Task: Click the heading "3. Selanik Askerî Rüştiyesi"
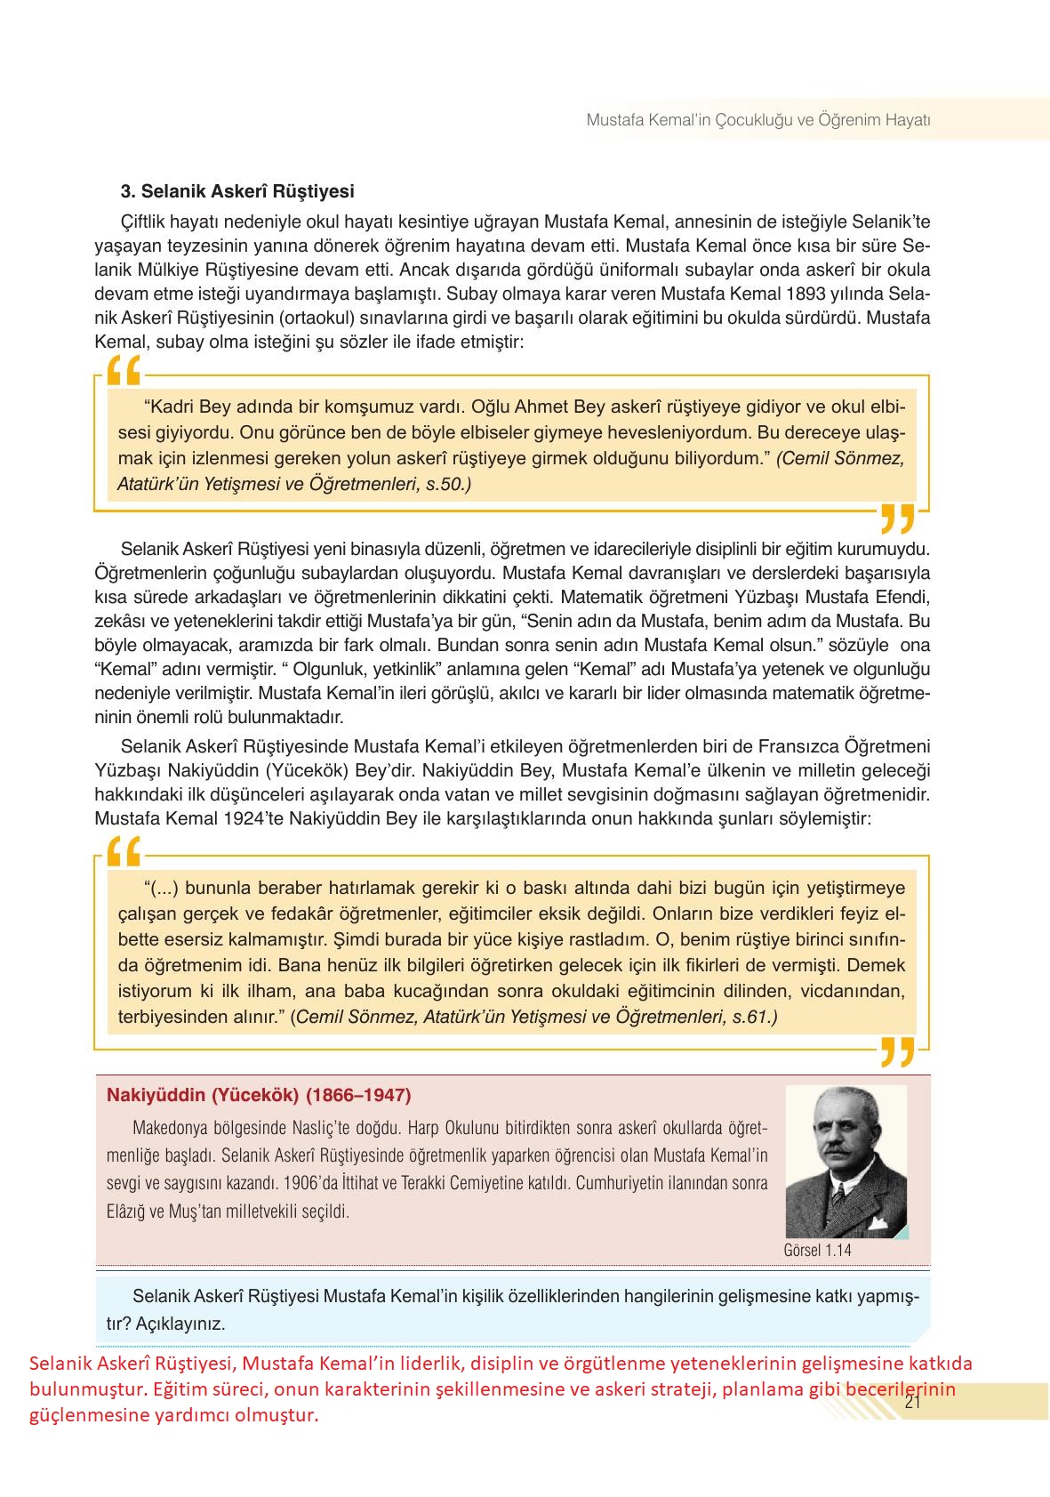pyautogui.click(x=237, y=191)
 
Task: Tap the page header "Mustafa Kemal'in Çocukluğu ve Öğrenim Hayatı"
pyautogui.click(x=757, y=120)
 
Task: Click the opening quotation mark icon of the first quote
pyautogui.click(x=124, y=372)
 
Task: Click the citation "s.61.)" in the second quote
pyautogui.click(x=754, y=1017)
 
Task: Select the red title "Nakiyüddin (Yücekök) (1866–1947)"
pyautogui.click(x=258, y=1095)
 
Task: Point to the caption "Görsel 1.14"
pyautogui.click(x=817, y=1250)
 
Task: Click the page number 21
pyautogui.click(x=911, y=1403)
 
